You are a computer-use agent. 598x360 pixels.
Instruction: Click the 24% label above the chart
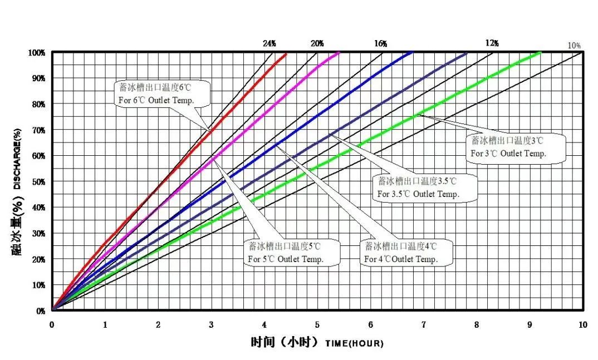click(x=269, y=43)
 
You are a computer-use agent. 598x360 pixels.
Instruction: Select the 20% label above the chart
click(x=317, y=43)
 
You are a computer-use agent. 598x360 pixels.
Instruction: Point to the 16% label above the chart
click(x=381, y=43)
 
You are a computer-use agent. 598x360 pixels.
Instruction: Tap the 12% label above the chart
click(x=492, y=43)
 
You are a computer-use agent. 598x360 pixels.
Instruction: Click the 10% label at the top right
click(x=575, y=46)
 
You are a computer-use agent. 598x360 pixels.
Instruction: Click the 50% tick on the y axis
click(x=37, y=182)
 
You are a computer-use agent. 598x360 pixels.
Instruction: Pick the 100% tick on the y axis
click(x=36, y=53)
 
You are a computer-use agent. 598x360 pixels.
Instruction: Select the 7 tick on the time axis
click(x=424, y=324)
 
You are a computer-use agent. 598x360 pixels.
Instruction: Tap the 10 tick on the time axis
click(x=582, y=324)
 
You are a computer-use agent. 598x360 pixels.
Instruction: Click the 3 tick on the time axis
click(x=211, y=324)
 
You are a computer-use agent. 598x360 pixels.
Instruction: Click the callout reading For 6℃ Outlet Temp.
click(x=156, y=94)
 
